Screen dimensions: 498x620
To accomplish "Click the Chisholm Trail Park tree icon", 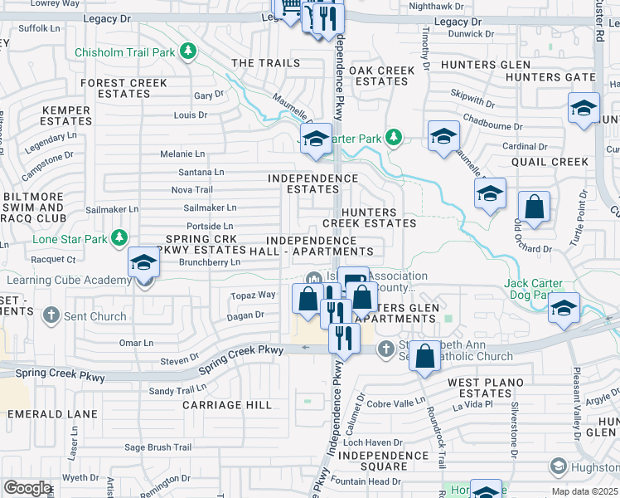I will [x=189, y=52].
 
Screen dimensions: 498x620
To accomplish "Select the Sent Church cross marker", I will [x=51, y=315].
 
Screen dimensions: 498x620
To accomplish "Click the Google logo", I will [x=27, y=488].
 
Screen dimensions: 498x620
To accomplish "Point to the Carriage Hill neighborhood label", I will [x=227, y=405].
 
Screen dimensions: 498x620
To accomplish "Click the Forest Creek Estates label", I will [x=124, y=89].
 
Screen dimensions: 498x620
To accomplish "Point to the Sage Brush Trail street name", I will [x=158, y=447].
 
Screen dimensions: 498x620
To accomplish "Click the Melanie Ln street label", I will [x=182, y=154].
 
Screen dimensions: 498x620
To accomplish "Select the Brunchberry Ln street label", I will [x=209, y=262].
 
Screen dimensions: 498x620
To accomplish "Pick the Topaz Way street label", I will [x=253, y=295].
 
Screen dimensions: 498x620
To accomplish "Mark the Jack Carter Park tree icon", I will [x=395, y=138].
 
